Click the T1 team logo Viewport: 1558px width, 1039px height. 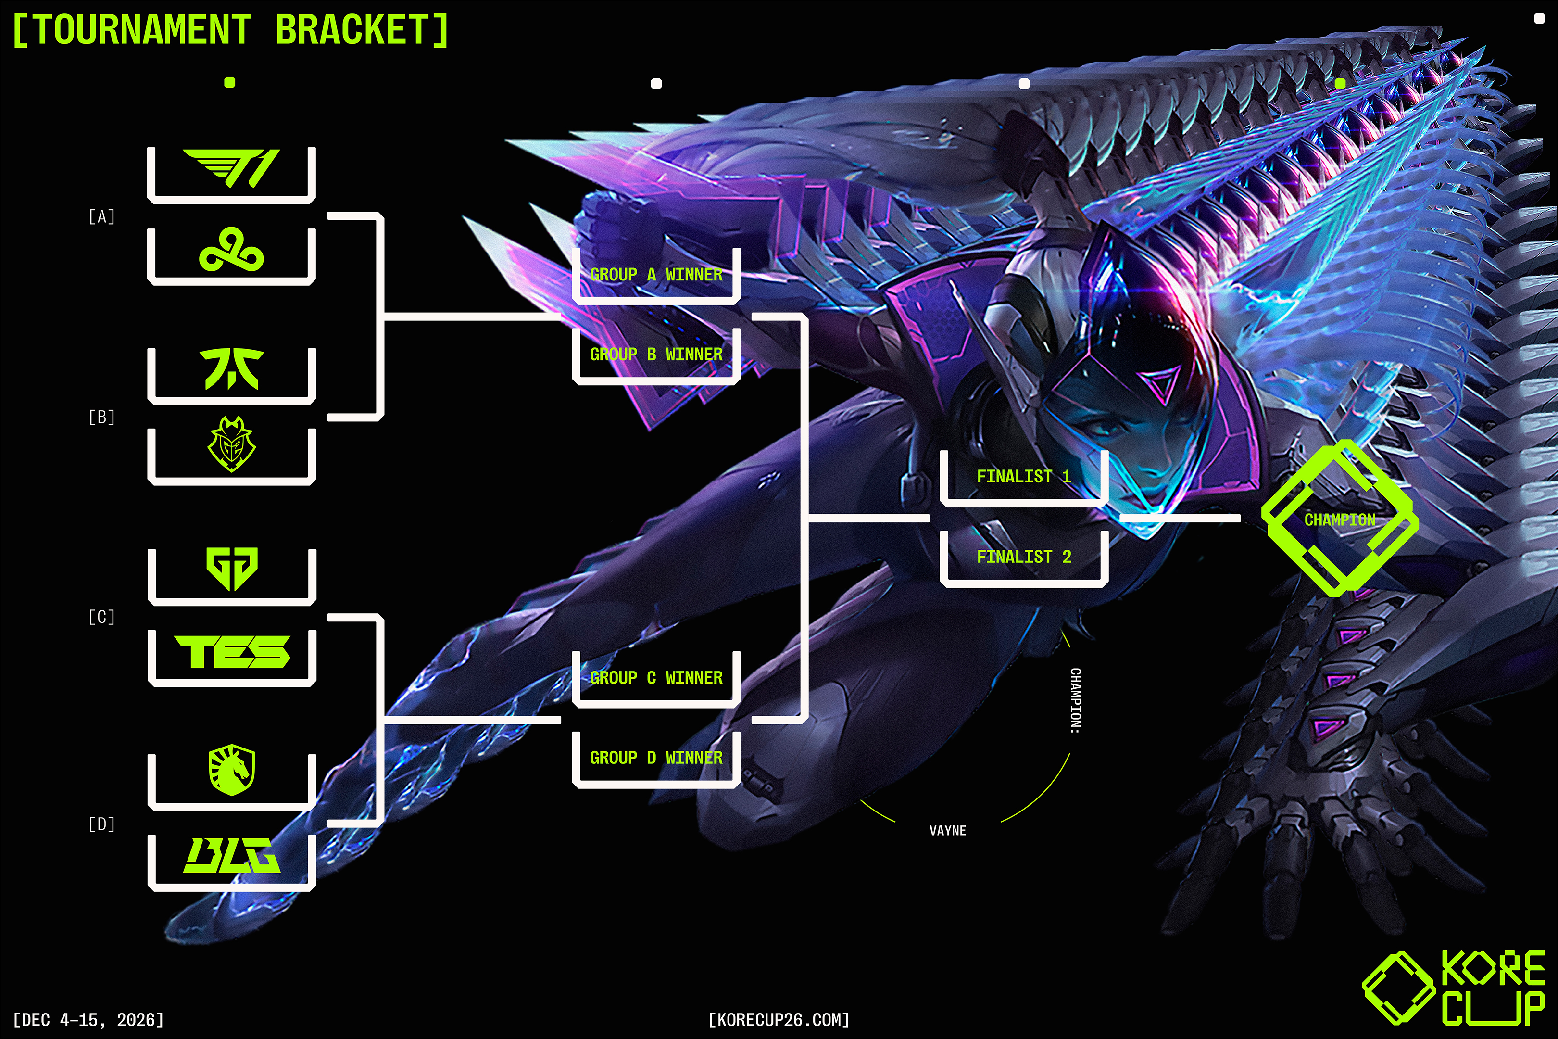click(x=231, y=168)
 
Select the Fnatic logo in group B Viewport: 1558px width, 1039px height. click(x=231, y=368)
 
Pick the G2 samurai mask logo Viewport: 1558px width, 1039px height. click(x=231, y=444)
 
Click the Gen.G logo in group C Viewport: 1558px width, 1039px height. click(x=231, y=569)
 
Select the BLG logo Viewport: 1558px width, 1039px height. click(x=231, y=855)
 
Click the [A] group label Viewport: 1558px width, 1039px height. click(x=102, y=216)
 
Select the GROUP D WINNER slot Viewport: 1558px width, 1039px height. click(x=656, y=758)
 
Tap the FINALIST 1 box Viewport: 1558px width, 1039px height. click(x=1023, y=476)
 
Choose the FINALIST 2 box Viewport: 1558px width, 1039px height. click(x=1023, y=557)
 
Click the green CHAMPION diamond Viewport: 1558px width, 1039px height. click(x=1339, y=519)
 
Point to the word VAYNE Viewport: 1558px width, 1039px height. click(x=947, y=831)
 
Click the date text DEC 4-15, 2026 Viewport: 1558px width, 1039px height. click(x=88, y=1019)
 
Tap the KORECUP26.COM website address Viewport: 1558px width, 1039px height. click(x=779, y=1019)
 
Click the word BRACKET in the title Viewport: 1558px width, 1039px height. click(x=362, y=30)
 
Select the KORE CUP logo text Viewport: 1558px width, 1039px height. click(x=1493, y=988)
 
